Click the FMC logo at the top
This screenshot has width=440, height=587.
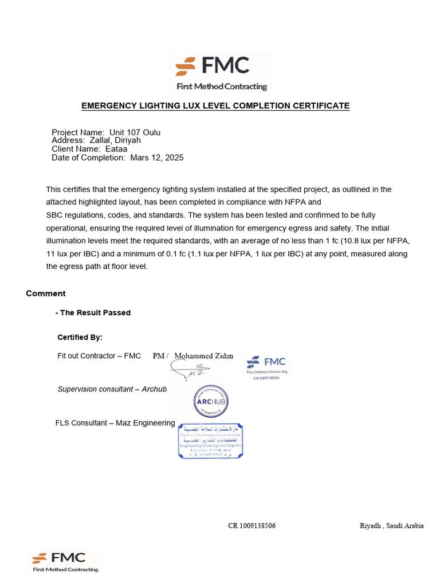[x=221, y=71]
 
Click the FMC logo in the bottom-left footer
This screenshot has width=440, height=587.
[x=65, y=561]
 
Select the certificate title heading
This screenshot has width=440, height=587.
[x=215, y=106]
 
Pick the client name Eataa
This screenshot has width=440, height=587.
[x=117, y=148]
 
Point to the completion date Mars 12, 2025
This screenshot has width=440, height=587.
[x=157, y=158]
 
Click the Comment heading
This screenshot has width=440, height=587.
[x=46, y=293]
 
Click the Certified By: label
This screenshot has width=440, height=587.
[x=80, y=337]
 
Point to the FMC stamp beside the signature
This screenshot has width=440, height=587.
[x=266, y=368]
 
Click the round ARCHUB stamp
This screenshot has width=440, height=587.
[x=210, y=401]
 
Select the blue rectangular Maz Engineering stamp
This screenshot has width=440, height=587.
[x=210, y=441]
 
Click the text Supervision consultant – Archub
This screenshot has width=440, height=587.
[x=112, y=389]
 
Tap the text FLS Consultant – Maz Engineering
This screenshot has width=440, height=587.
[x=115, y=423]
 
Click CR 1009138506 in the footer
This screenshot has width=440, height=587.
[x=252, y=526]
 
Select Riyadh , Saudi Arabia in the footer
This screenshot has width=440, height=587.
[x=391, y=526]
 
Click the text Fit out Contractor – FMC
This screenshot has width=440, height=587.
[x=99, y=356]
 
